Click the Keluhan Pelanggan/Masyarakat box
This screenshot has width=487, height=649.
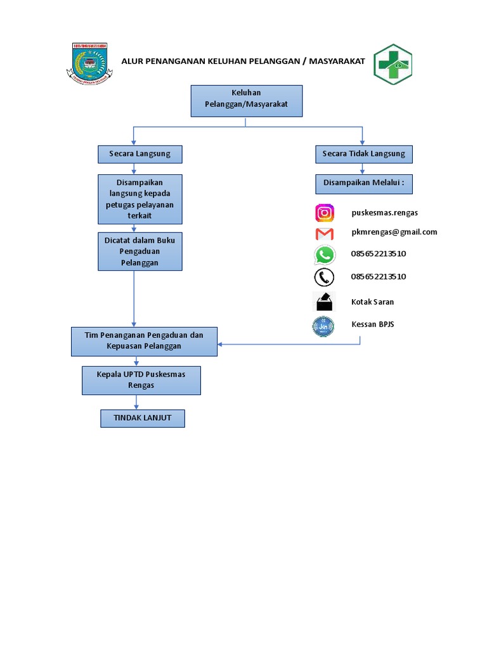tap(247, 101)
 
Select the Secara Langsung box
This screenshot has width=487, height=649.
tap(140, 154)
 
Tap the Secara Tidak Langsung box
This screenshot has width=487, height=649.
tap(363, 154)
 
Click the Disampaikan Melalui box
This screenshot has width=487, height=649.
tap(363, 183)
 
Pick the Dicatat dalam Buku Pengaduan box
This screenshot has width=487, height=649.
tap(140, 251)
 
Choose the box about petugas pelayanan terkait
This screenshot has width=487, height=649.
tap(140, 199)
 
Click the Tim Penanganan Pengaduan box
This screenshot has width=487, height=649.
tap(143, 341)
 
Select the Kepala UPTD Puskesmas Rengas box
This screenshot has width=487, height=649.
tap(141, 380)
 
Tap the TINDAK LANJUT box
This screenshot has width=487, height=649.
tap(142, 418)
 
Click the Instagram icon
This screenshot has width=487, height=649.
tap(325, 213)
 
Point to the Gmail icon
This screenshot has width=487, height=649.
tap(325, 234)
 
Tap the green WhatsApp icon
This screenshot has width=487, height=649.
tap(325, 255)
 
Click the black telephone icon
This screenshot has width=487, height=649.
tap(325, 278)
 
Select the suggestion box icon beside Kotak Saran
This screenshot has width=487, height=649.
tap(325, 302)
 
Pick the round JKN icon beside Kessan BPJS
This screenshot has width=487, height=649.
tap(325, 326)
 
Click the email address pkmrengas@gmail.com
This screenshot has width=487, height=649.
tap(394, 232)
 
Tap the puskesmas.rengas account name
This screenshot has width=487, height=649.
tap(384, 212)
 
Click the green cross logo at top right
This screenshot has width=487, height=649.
tap(393, 63)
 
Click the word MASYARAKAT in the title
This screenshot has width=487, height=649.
tap(338, 61)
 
